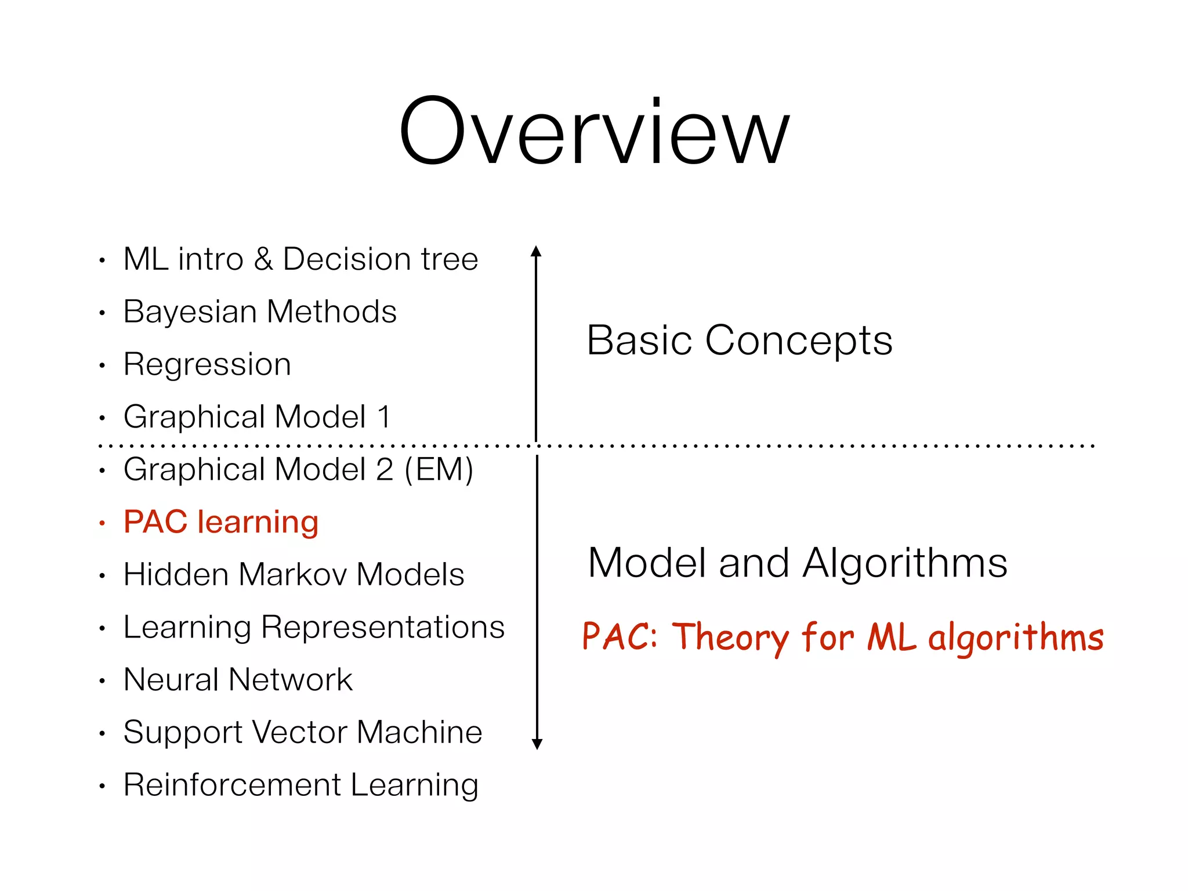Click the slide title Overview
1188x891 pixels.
click(594, 132)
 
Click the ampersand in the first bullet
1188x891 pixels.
click(263, 259)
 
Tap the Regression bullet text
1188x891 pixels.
click(207, 365)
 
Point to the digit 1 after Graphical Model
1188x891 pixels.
click(383, 417)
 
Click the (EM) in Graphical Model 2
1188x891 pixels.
click(439, 469)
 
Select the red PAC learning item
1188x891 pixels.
click(221, 522)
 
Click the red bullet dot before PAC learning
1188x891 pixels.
click(102, 523)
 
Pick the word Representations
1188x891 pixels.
click(383, 627)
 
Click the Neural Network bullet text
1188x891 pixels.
click(238, 679)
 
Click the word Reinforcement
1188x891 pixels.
click(232, 785)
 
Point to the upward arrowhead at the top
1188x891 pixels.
click(536, 251)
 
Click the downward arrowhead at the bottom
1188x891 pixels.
click(537, 744)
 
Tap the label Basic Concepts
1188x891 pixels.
click(740, 341)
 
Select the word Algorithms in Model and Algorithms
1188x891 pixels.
click(905, 563)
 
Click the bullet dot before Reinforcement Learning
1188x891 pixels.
click(102, 787)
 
